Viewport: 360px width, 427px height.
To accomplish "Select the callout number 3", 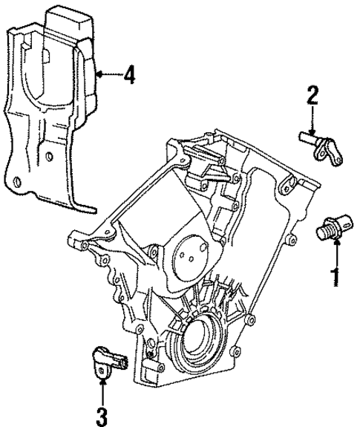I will tap(102, 412).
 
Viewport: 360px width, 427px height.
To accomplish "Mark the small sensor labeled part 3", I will tap(108, 362).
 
